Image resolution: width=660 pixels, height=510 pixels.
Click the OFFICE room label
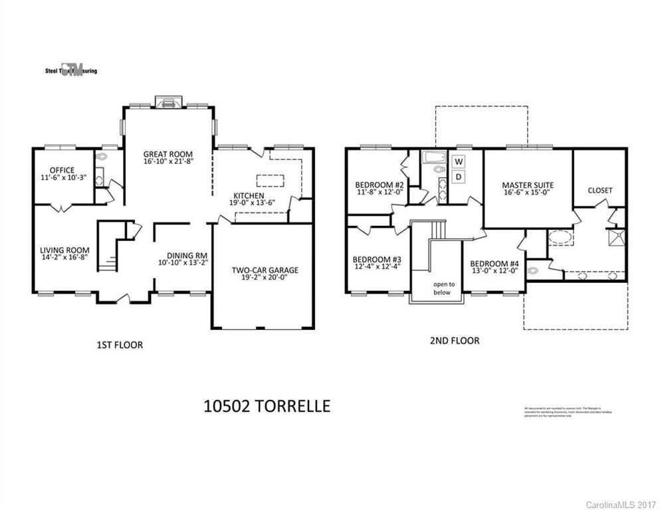pyautogui.click(x=60, y=170)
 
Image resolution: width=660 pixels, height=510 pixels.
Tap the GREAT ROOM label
pyautogui.click(x=168, y=154)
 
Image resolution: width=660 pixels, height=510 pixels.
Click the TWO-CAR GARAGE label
pyautogui.click(x=265, y=270)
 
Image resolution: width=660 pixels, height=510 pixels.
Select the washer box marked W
pyautogui.click(x=459, y=161)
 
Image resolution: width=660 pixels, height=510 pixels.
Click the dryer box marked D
pyautogui.click(x=459, y=177)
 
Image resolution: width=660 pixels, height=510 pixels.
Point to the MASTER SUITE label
pyautogui.click(x=528, y=185)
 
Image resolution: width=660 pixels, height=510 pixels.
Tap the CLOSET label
pyautogui.click(x=600, y=190)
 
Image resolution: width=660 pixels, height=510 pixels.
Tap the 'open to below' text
pyautogui.click(x=441, y=288)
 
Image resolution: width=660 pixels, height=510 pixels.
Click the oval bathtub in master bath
pyautogui.click(x=562, y=237)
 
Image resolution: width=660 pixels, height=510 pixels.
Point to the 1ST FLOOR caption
pyautogui.click(x=120, y=345)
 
